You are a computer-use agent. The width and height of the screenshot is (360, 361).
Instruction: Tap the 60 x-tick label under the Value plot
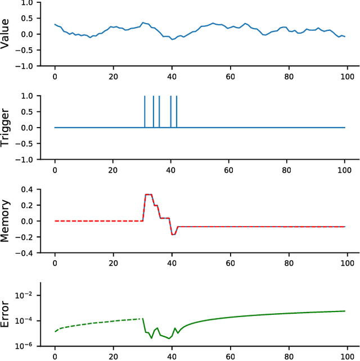tap(230, 76)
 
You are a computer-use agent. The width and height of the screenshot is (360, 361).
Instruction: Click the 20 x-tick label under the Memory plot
tap(113, 263)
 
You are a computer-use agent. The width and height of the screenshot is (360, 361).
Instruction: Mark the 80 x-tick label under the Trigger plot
tap(288, 169)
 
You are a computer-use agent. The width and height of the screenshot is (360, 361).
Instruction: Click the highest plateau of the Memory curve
tap(148, 195)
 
